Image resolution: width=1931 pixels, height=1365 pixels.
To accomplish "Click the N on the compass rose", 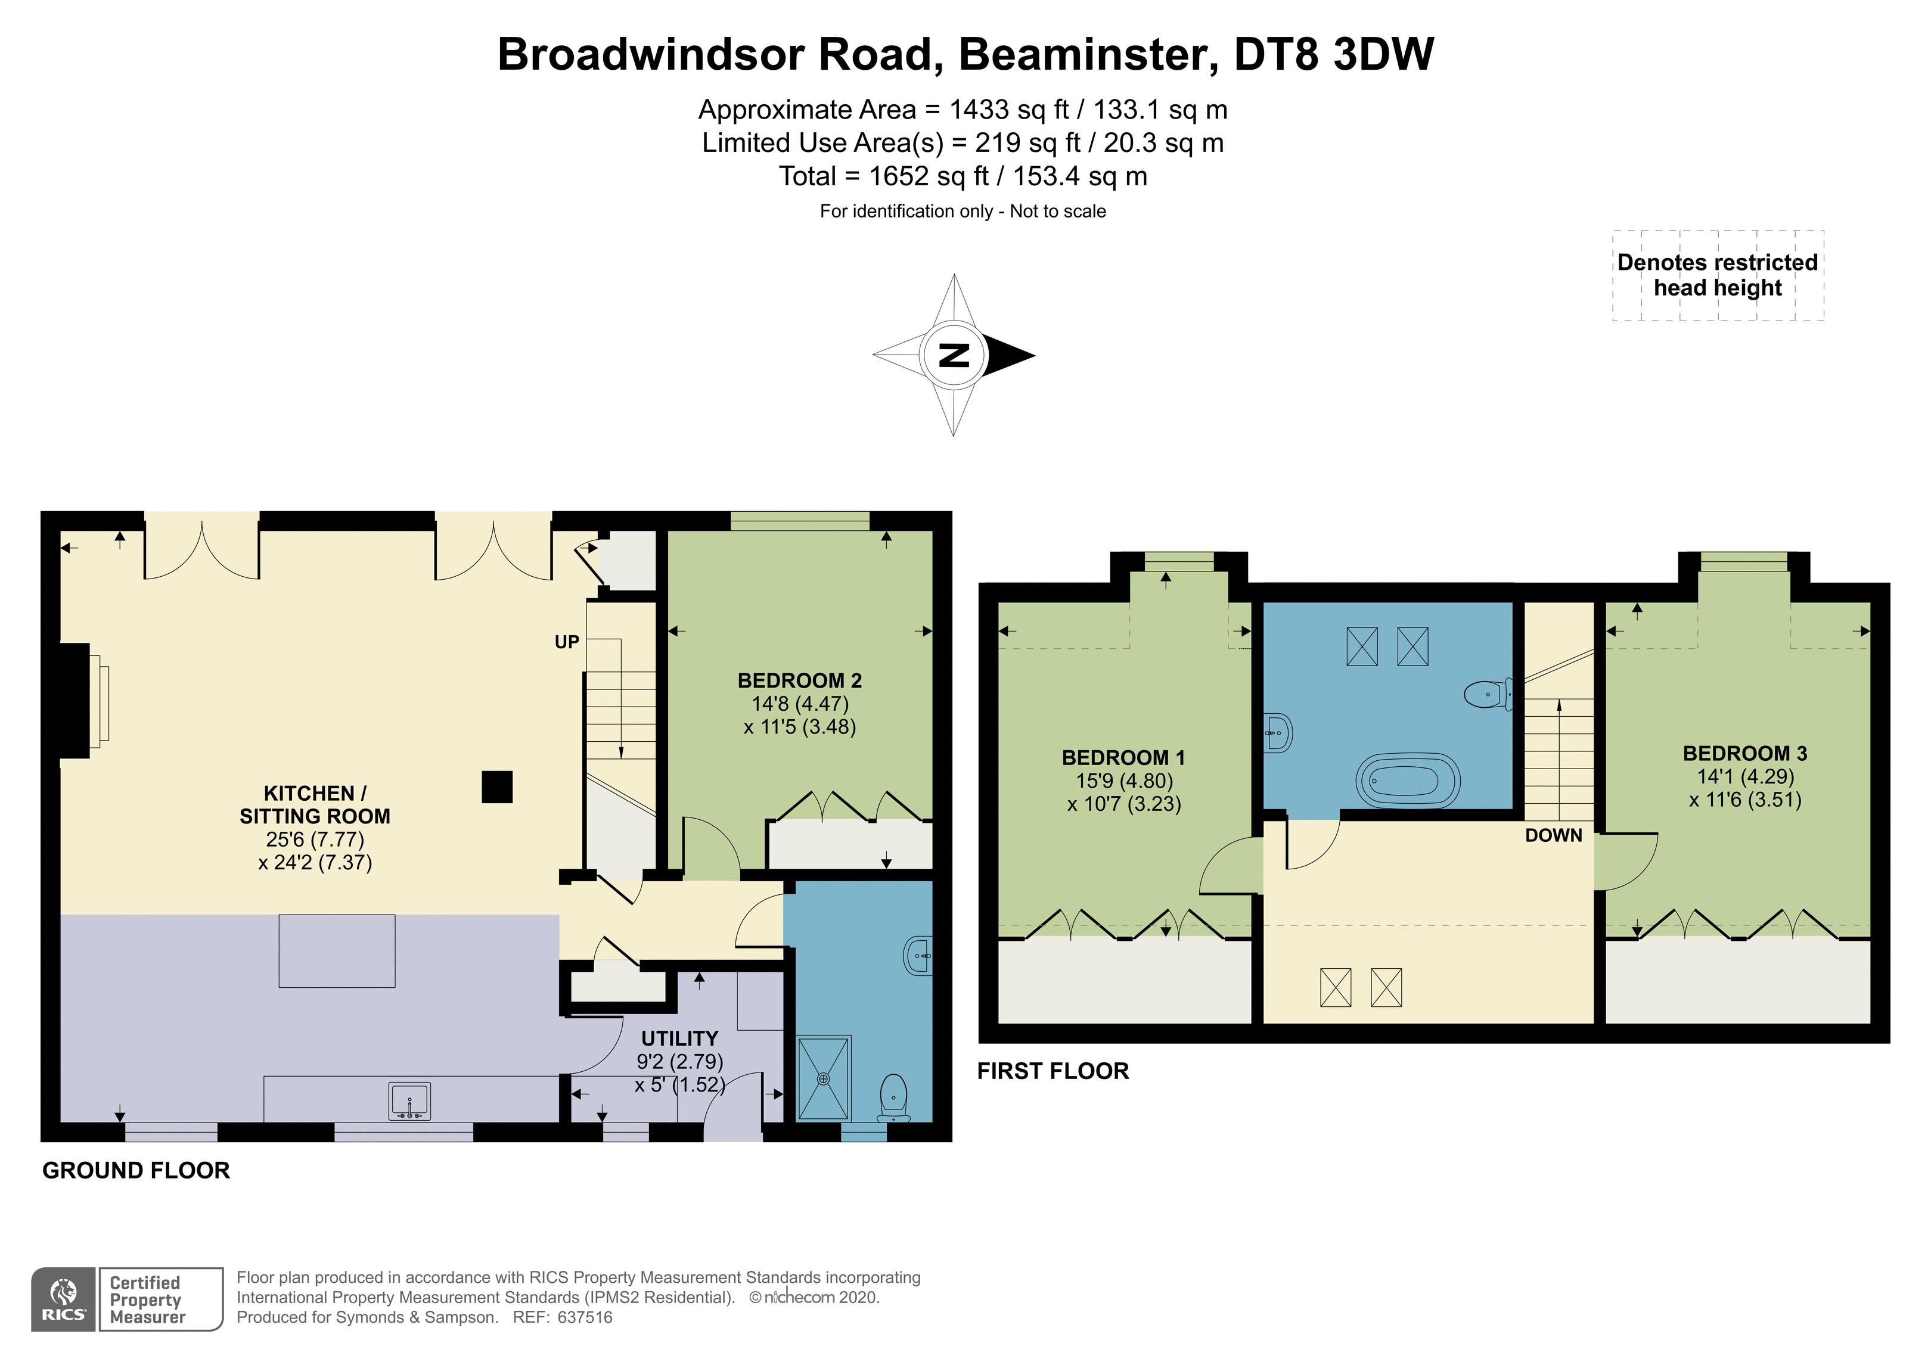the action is pos(954,355).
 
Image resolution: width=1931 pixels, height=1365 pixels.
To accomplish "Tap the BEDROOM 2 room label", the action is pos(799,680).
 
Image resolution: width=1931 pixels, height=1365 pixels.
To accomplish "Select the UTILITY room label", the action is pos(679,1038).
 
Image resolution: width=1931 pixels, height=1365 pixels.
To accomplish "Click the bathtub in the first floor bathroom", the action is pos(1407,781).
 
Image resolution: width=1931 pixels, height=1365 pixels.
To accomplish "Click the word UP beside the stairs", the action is pos(567,642).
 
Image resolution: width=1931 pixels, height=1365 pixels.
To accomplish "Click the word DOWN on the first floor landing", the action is pos(1553,835).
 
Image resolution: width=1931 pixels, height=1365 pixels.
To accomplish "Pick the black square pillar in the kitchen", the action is pos(497,787).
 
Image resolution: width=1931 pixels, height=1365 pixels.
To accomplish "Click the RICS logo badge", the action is pos(64,1299).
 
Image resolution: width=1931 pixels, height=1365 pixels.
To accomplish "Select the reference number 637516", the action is pos(585,1318).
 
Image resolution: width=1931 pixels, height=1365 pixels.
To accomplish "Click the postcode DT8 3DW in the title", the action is pos(1334,55).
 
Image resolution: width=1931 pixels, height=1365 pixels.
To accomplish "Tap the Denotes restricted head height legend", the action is pos(1718,275).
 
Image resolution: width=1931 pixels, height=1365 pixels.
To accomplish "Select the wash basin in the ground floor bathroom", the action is pos(919,956).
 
